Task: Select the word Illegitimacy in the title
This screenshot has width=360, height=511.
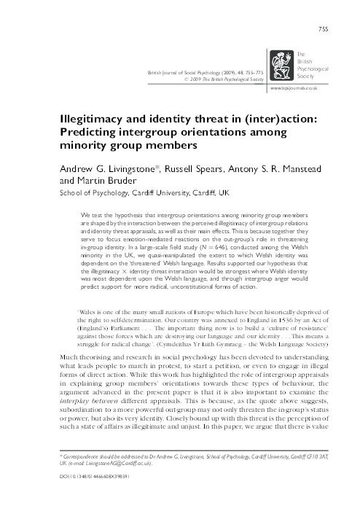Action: (89, 118)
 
